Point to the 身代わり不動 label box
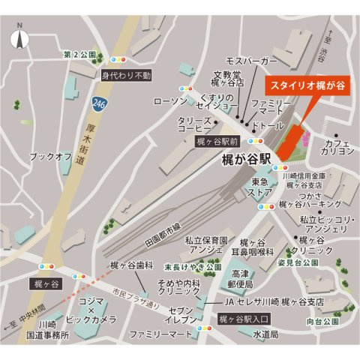click(126, 76)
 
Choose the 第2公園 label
click(79, 55)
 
